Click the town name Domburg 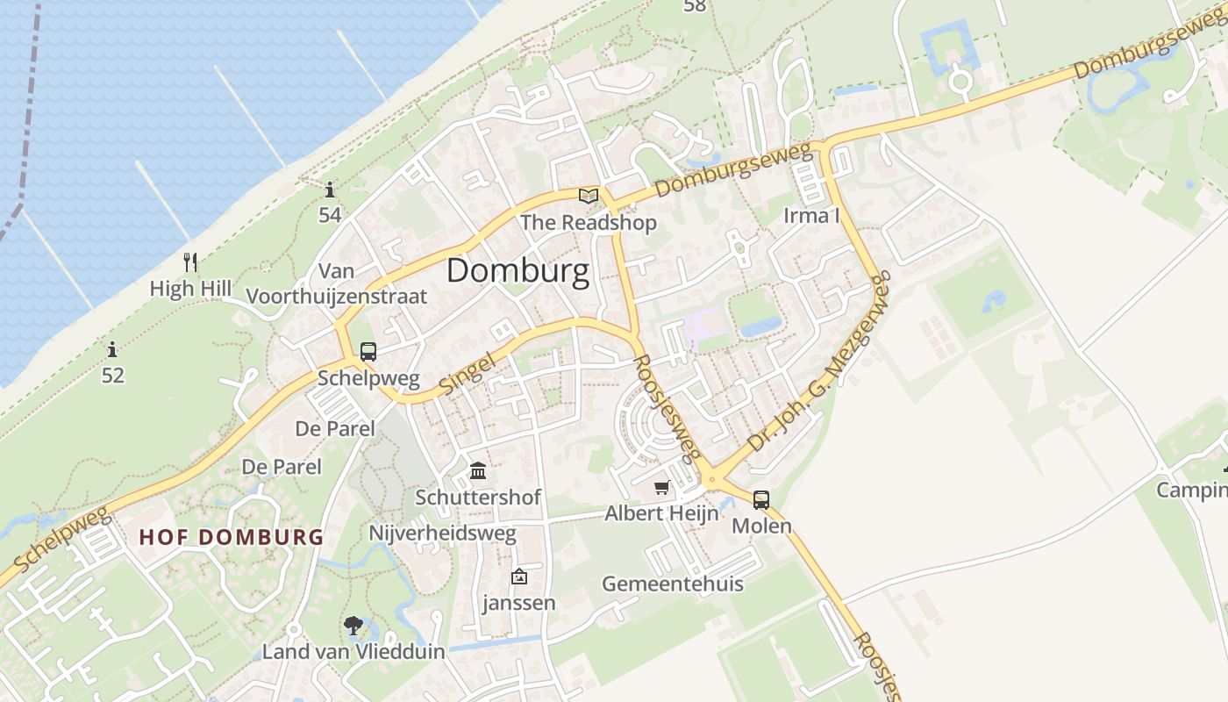518,271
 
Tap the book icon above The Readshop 589,196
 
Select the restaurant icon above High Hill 190,261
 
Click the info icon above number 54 330,190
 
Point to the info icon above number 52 112,350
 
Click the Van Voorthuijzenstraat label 337,283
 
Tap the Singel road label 467,373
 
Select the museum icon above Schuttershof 478,471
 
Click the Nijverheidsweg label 442,533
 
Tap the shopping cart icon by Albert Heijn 661,487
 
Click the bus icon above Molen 761,500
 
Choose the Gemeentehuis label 672,584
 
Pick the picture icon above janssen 519,577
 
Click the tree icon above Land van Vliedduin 353,626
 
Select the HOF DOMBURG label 232,537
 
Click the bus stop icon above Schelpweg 368,352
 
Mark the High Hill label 190,288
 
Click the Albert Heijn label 661,513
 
